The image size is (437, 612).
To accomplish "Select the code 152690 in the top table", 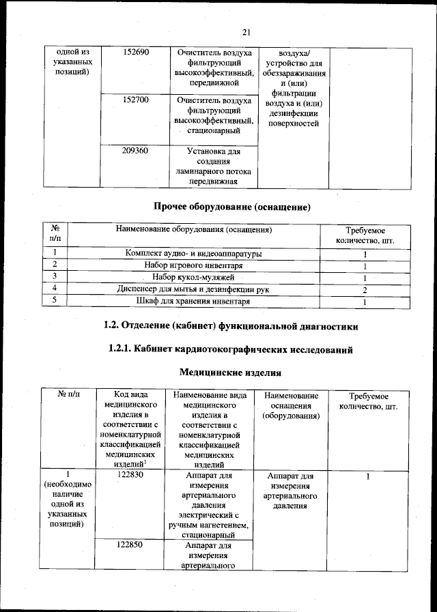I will pyautogui.click(x=135, y=53).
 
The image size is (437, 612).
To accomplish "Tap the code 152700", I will pyautogui.click(x=135, y=100).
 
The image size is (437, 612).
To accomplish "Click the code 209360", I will pyautogui.click(x=135, y=151).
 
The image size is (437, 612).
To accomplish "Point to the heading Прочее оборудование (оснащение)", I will pyautogui.click(x=232, y=206).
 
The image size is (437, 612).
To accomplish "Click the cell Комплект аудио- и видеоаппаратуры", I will pyautogui.click(x=193, y=254).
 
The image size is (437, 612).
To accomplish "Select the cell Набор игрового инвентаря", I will pyautogui.click(x=193, y=265).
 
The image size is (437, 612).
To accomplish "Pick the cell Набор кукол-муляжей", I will pyautogui.click(x=193, y=278).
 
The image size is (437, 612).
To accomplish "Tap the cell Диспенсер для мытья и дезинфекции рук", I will pyautogui.click(x=193, y=290).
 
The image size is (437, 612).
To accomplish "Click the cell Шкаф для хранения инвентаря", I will pyautogui.click(x=193, y=302).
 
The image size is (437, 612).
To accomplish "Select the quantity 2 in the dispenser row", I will pyautogui.click(x=365, y=290).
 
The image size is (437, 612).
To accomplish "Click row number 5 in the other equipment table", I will pyautogui.click(x=54, y=302).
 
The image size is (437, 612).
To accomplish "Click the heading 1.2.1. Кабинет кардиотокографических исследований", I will pyautogui.click(x=231, y=350).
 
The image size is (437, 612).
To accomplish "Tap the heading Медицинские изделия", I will pyautogui.click(x=230, y=373).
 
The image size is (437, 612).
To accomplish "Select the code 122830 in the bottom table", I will pyautogui.click(x=129, y=475).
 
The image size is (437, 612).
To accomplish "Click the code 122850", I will pyautogui.click(x=129, y=545).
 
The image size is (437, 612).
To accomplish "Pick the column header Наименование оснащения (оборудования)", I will pyautogui.click(x=290, y=406).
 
